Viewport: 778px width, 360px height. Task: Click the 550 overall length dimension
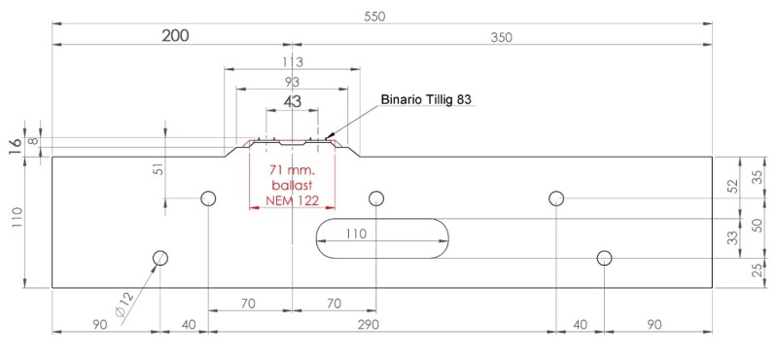pyautogui.click(x=374, y=17)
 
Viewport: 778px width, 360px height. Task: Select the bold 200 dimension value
pyautogui.click(x=176, y=36)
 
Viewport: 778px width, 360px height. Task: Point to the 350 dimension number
pyautogui.click(x=502, y=37)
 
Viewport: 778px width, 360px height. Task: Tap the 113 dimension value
pyautogui.click(x=292, y=62)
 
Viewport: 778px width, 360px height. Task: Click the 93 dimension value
pyautogui.click(x=293, y=82)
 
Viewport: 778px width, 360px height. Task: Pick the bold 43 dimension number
pyautogui.click(x=293, y=101)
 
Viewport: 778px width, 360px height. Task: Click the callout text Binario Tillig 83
pyautogui.click(x=426, y=99)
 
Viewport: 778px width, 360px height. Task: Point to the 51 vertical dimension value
pyautogui.click(x=159, y=169)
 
